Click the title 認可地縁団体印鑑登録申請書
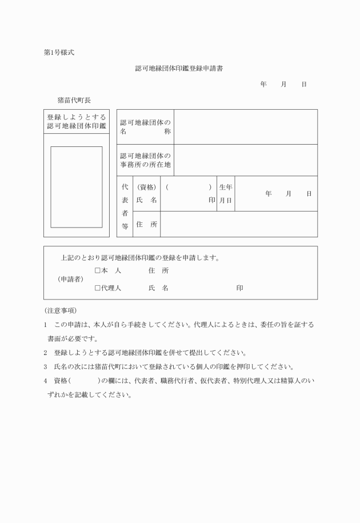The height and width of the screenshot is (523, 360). pyautogui.click(x=179, y=67)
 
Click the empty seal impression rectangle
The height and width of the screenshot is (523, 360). pyautogui.click(x=77, y=187)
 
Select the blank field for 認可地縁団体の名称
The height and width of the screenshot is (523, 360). pyautogui.click(x=246, y=127)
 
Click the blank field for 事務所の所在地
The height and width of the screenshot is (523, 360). pyautogui.click(x=246, y=160)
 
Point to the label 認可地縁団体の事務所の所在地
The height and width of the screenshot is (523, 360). pyautogui.click(x=146, y=160)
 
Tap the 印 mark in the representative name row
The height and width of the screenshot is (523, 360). pyautogui.click(x=212, y=201)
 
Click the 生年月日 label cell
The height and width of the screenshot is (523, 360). pyautogui.click(x=226, y=194)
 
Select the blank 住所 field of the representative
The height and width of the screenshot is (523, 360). pyautogui.click(x=239, y=225)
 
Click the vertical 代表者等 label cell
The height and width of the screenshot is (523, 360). pyautogui.click(x=125, y=206)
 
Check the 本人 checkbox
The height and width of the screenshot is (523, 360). pyautogui.click(x=98, y=270)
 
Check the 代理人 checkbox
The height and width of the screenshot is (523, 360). pyautogui.click(x=98, y=288)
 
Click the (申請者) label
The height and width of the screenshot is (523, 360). pyautogui.click(x=71, y=280)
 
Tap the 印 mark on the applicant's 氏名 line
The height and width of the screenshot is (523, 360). pyautogui.click(x=239, y=288)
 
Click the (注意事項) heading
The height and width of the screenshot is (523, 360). pyautogui.click(x=60, y=310)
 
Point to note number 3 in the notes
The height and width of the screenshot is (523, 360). pyautogui.click(x=46, y=366)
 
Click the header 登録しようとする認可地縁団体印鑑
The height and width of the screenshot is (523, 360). pyautogui.click(x=77, y=121)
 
